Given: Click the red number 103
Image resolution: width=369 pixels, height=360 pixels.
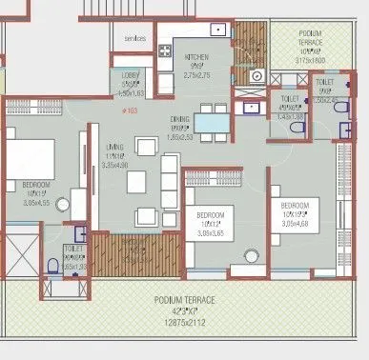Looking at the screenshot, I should click(142, 111).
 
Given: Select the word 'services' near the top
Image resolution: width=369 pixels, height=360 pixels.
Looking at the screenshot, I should click(135, 38).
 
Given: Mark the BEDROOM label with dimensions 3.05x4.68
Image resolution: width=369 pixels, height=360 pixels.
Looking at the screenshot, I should click(297, 206).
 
